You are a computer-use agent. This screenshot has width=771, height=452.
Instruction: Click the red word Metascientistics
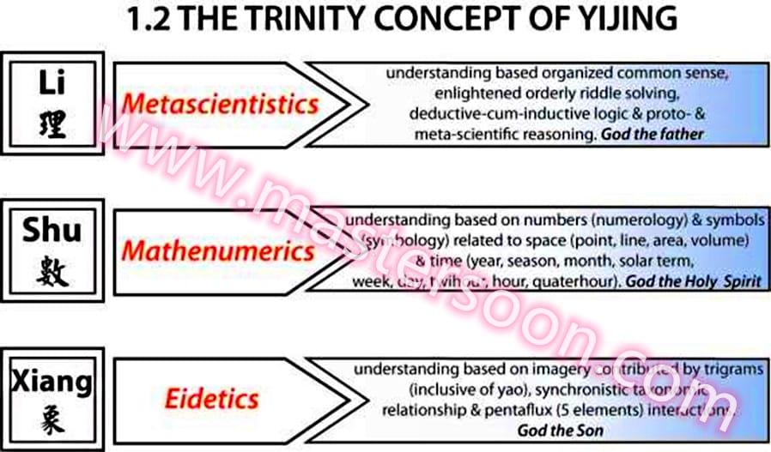[220, 105]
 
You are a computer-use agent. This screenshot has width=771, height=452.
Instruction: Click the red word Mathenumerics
[218, 251]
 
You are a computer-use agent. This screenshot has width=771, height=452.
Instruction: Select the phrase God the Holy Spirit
[693, 280]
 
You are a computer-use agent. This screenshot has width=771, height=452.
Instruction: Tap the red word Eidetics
[214, 398]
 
